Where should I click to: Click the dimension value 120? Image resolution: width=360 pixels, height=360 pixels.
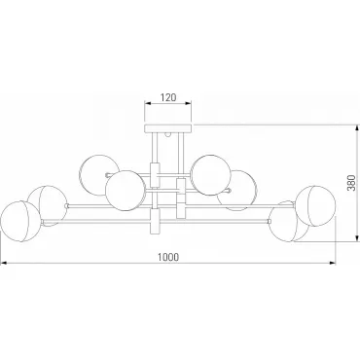coord(168,97)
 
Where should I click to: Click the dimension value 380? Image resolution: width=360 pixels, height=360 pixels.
coord(351,183)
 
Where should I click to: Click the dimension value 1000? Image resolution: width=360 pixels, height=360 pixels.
coord(168,257)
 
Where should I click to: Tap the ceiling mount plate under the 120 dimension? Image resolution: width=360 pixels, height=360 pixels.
coord(168,128)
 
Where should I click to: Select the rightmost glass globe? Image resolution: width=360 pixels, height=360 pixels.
coord(316,206)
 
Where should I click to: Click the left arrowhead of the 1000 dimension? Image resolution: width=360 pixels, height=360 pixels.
coord(4,263)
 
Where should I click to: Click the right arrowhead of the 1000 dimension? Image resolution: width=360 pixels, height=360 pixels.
coord(333,263)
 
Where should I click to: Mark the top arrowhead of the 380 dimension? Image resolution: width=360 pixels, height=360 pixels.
coord(357,128)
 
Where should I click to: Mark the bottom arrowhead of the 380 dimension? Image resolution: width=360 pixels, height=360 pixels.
coord(357,238)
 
